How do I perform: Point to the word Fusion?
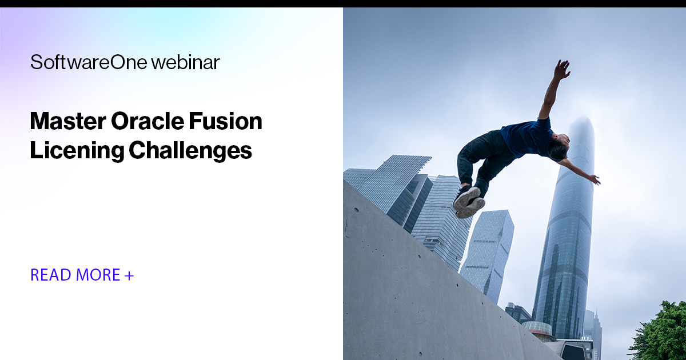pos(230,122)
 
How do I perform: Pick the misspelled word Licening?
pos(77,150)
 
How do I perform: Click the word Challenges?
pos(190,150)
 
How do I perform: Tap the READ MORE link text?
pos(75,275)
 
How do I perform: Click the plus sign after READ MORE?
pos(129,275)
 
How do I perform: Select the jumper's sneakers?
pos(468,202)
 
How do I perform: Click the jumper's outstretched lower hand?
pos(594,179)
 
